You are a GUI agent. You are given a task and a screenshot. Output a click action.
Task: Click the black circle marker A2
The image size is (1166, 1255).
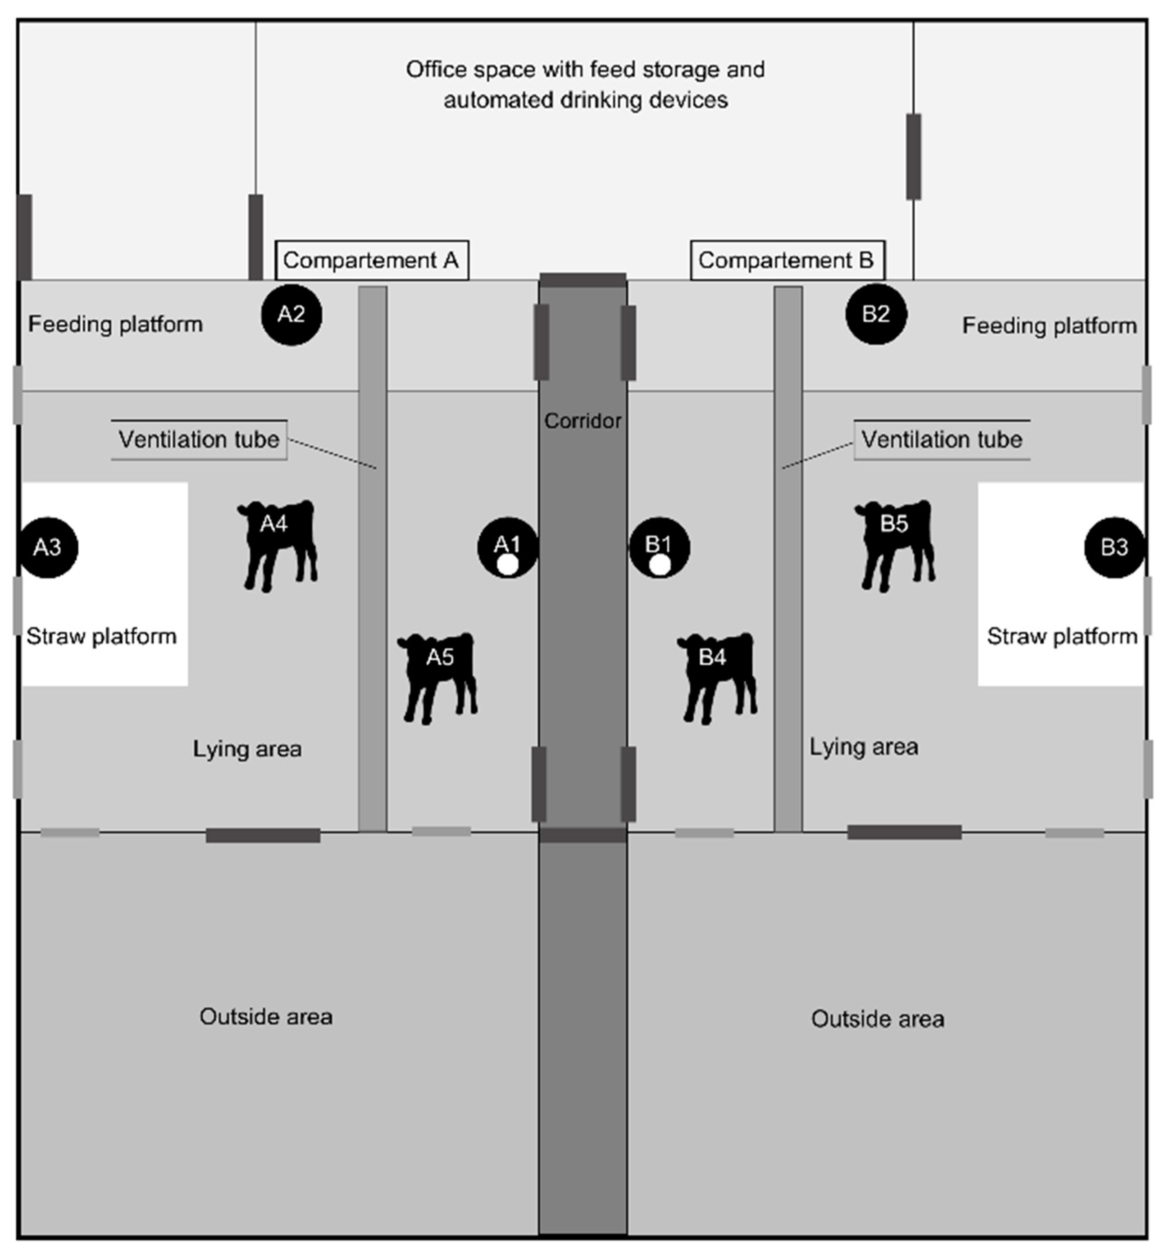click(291, 314)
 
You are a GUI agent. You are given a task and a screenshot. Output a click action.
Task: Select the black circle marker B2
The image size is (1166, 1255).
click(876, 314)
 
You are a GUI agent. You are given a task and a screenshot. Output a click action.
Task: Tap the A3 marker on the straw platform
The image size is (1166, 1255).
click(48, 548)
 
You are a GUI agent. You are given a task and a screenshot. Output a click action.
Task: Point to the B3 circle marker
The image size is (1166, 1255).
click(1114, 548)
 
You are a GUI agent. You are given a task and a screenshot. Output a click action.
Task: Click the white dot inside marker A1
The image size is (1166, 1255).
click(507, 566)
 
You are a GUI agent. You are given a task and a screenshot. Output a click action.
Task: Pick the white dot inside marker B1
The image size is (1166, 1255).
click(660, 566)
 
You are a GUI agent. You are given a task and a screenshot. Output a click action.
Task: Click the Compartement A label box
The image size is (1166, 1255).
click(371, 260)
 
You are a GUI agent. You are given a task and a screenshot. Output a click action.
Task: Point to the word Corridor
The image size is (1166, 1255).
click(582, 421)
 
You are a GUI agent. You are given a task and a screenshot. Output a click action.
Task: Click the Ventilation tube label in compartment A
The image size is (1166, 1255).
click(199, 439)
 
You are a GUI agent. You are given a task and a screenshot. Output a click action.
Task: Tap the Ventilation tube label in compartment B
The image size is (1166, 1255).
click(941, 439)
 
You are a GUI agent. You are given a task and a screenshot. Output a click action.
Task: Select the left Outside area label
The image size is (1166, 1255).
click(266, 1016)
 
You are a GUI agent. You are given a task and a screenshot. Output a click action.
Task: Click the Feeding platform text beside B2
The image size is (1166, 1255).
click(1049, 326)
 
